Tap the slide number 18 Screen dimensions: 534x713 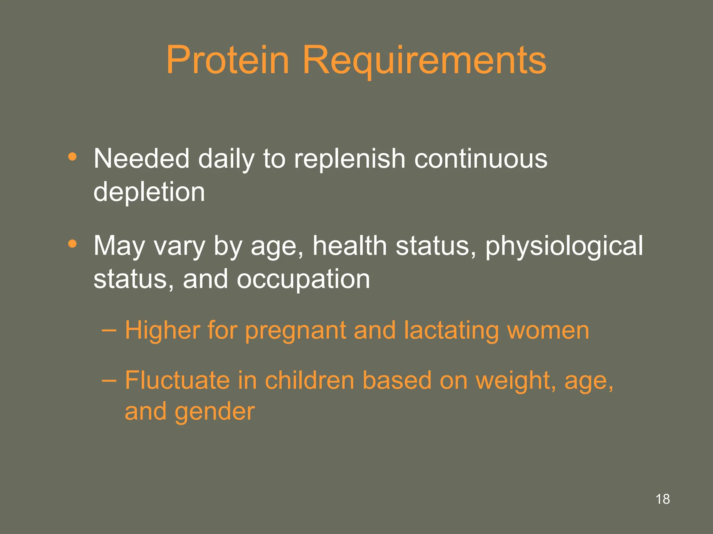coord(662,499)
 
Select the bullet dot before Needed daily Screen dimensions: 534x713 coord(72,157)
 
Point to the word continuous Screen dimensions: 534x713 coord(480,159)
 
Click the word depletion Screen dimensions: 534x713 coord(149,192)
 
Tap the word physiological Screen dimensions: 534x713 coord(564,246)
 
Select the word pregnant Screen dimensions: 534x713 coord(295,331)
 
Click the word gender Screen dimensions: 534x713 coord(214,412)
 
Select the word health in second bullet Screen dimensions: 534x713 coord(350,245)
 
